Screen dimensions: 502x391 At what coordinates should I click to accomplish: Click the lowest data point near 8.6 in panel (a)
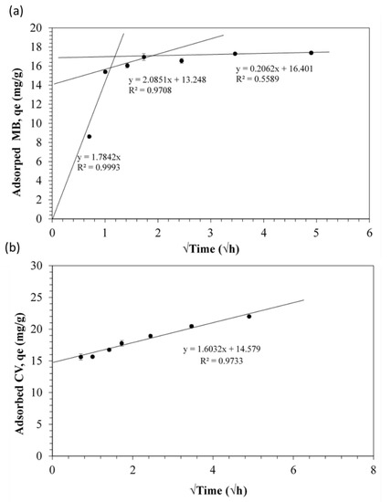[x=89, y=136]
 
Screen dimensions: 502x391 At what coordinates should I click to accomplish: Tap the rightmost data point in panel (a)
[x=312, y=53]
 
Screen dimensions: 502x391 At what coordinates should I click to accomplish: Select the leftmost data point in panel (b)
[x=80, y=357]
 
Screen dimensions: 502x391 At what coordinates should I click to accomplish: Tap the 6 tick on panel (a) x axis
[x=369, y=232]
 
